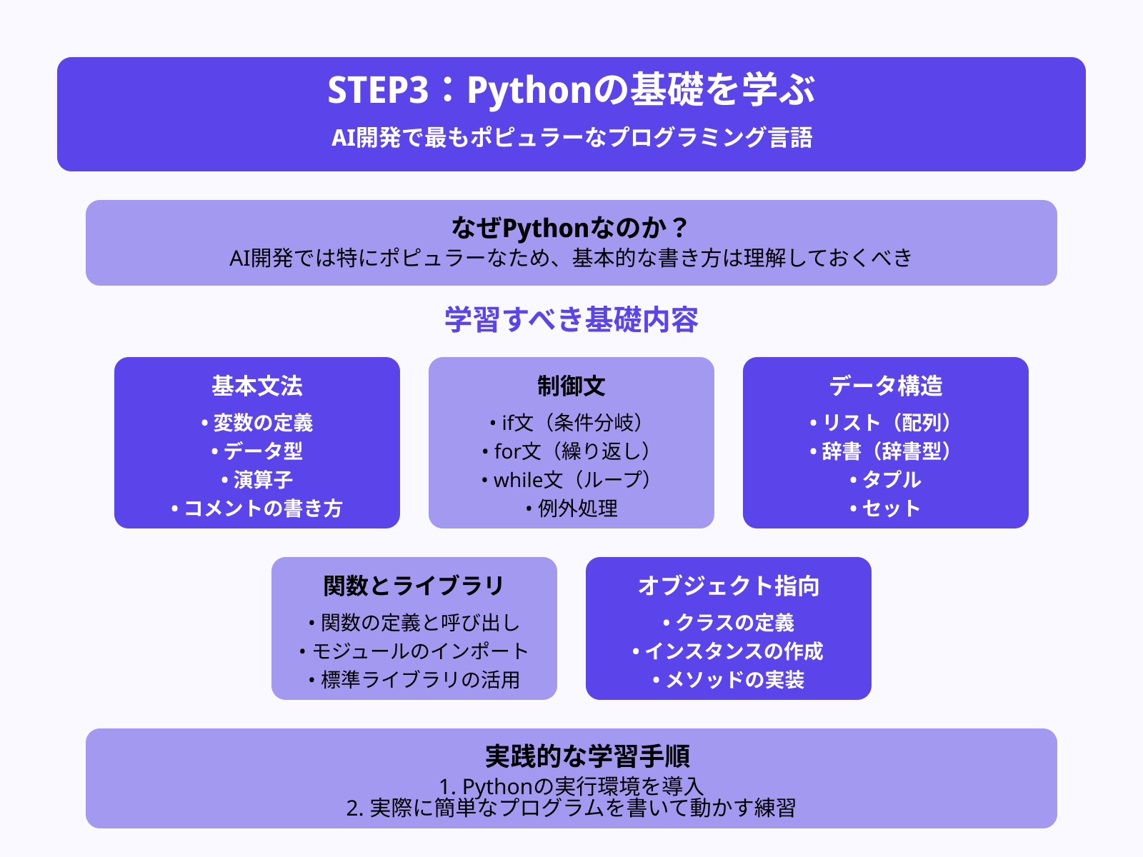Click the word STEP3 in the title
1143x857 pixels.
(378, 91)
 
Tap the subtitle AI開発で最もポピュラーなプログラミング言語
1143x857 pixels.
(571, 137)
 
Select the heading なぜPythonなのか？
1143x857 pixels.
(571, 229)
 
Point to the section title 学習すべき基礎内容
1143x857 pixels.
(571, 319)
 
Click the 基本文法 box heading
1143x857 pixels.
(257, 386)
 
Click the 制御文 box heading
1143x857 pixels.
(571, 386)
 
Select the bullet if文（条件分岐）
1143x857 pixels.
(571, 423)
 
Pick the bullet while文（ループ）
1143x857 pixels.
(571, 480)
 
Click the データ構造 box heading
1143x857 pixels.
(886, 386)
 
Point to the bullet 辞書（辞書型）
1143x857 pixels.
(886, 451)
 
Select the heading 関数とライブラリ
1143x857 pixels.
(414, 586)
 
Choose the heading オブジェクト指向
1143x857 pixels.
(729, 586)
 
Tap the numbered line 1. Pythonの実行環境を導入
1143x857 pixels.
(571, 786)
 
